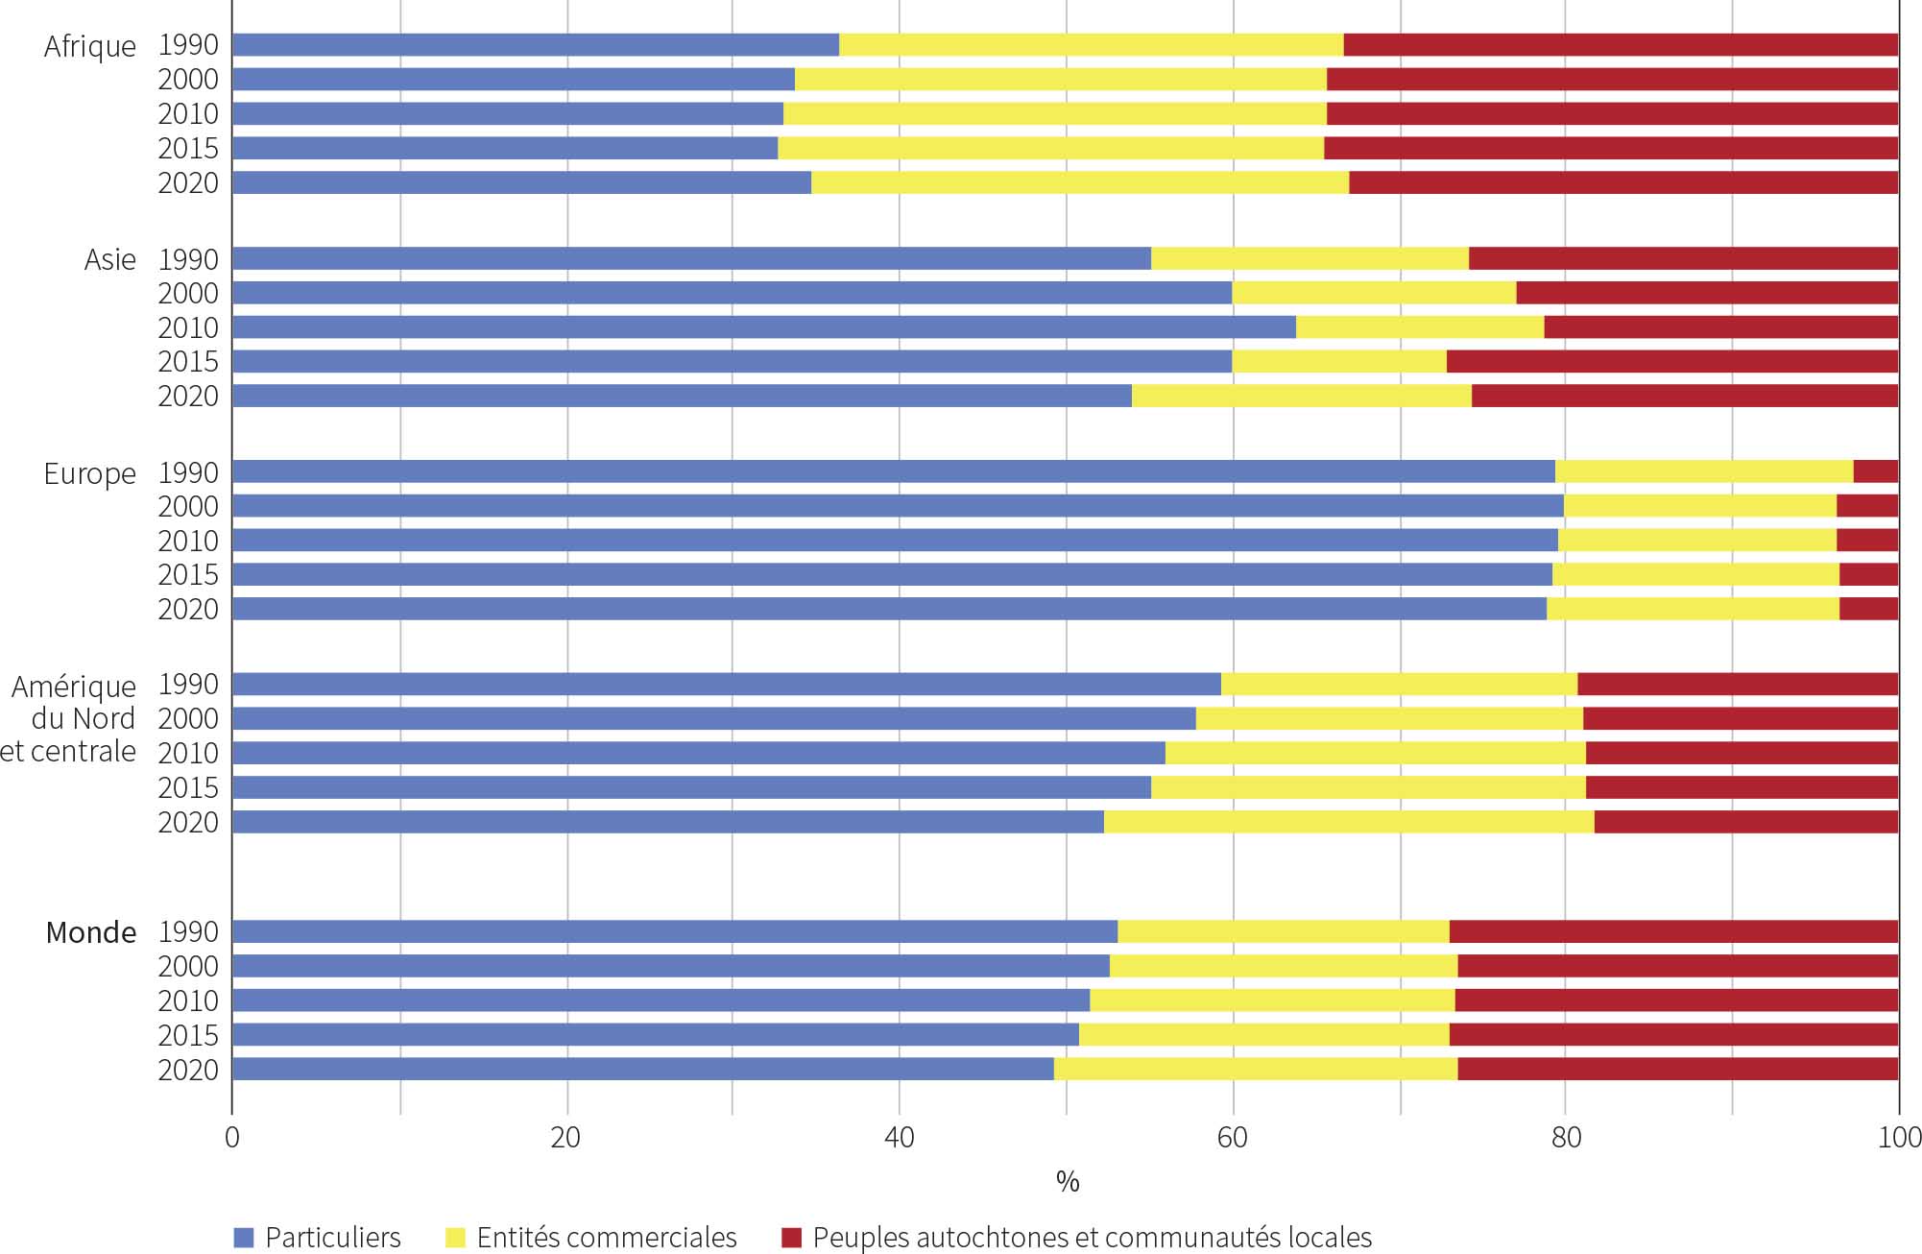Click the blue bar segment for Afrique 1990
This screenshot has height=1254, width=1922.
click(536, 45)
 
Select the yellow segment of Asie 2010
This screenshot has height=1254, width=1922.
click(1419, 327)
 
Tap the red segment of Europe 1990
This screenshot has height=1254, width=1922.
click(1875, 471)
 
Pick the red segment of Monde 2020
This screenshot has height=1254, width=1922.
click(1677, 1069)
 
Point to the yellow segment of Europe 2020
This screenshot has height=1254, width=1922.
click(1693, 609)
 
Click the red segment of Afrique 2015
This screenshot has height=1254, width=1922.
click(1610, 148)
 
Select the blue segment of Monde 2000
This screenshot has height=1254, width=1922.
click(670, 966)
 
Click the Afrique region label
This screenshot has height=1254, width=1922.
click(90, 46)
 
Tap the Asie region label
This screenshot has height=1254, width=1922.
click(109, 259)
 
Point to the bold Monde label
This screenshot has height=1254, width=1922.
click(91, 932)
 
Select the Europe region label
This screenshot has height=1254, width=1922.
click(90, 473)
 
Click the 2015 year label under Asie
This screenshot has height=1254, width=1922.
click(188, 362)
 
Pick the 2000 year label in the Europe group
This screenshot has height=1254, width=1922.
click(188, 507)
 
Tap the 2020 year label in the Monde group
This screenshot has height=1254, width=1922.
click(188, 1070)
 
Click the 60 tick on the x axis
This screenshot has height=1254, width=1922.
click(1232, 1138)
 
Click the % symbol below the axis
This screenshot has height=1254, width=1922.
click(1067, 1182)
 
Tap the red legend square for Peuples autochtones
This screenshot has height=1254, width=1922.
click(791, 1238)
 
